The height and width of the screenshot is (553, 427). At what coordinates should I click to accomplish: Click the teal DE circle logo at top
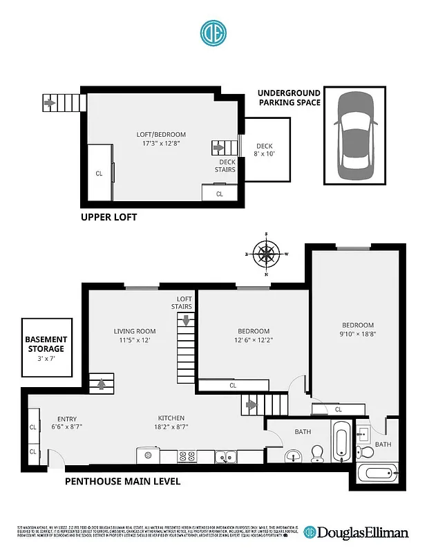click(213, 32)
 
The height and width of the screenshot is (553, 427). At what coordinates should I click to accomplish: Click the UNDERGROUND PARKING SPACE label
click(290, 97)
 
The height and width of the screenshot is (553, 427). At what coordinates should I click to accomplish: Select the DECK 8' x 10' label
click(265, 150)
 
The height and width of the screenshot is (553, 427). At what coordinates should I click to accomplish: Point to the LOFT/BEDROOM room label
click(160, 139)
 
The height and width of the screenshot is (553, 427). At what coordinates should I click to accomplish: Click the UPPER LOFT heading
click(109, 217)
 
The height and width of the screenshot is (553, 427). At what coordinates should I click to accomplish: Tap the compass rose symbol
click(267, 254)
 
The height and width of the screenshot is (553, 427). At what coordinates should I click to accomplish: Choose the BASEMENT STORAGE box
click(46, 348)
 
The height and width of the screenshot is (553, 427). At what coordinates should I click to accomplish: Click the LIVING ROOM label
click(135, 335)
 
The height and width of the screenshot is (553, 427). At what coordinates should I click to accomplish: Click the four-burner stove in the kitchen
click(187, 456)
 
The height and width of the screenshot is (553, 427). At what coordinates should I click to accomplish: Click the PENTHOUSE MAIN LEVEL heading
click(123, 481)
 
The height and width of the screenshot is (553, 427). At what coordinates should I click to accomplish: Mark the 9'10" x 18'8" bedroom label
click(358, 329)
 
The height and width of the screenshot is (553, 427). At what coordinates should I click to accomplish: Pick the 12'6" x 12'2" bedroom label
click(252, 335)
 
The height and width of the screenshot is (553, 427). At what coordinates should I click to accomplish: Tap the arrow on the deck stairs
click(220, 147)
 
